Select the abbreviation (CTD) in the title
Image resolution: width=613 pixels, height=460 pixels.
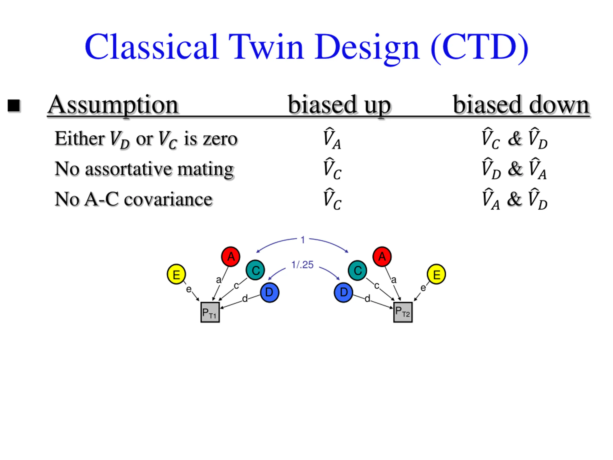tap(480, 48)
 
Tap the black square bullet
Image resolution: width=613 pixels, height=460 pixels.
tap(14, 106)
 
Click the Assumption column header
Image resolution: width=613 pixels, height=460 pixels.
tap(113, 105)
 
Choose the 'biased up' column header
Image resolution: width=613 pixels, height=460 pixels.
tap(339, 105)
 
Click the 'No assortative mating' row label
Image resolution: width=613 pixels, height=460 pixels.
tap(144, 169)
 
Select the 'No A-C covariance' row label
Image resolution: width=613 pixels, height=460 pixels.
tap(134, 199)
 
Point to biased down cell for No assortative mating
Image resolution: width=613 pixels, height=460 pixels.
tap(514, 169)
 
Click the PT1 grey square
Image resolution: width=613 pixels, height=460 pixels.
tap(210, 312)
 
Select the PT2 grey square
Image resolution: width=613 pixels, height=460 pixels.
tap(403, 312)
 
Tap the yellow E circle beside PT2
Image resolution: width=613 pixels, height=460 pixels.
tap(436, 275)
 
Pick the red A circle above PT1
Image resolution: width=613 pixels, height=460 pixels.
tap(231, 257)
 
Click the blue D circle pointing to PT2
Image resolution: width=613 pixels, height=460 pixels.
tap(344, 293)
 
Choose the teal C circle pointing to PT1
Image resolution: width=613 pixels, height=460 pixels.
tap(255, 270)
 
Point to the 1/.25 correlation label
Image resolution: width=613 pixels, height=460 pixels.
tap(302, 265)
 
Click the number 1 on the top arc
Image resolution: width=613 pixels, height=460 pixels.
tap(303, 240)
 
